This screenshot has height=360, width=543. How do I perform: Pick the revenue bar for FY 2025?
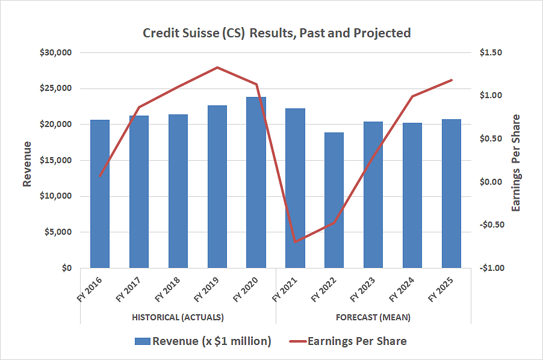451,193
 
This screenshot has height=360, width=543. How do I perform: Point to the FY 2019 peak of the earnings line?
217,67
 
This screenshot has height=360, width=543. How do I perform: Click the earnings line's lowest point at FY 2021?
295,241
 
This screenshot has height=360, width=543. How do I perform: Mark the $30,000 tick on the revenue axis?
56,52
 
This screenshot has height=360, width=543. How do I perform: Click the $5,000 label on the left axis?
58,232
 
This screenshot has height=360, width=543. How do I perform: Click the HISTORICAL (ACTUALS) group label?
178,317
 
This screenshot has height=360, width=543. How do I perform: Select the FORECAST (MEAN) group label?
374,317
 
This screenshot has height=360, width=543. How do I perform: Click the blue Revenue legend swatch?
142,341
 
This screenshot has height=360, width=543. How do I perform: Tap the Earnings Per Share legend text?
357,341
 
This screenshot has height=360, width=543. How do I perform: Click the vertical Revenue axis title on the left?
28,164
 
